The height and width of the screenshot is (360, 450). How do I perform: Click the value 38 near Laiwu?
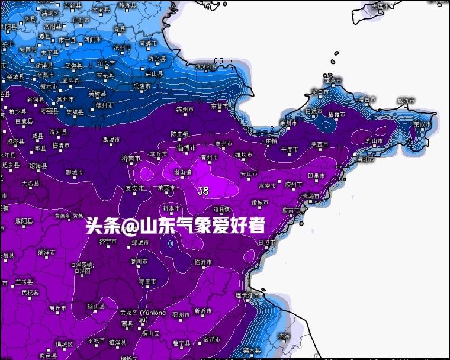coord(203,191)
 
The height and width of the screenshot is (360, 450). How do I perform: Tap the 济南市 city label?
coord(131,159)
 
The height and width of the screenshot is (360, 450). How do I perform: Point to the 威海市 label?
coord(406,101)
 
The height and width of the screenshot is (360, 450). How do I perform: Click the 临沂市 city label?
coord(202,262)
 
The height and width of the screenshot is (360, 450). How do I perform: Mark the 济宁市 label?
coord(108,241)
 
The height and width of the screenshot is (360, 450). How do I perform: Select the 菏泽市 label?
coord(46,252)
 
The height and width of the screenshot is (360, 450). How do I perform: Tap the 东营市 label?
coord(220,106)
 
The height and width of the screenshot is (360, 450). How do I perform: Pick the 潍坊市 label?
coord(243,155)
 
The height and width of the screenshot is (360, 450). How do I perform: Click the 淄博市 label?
coord(187,148)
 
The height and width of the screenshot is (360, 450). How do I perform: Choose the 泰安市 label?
coord(135,188)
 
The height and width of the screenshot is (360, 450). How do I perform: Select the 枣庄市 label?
coord(147,282)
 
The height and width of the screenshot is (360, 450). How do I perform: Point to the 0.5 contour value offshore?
coord(218,61)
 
